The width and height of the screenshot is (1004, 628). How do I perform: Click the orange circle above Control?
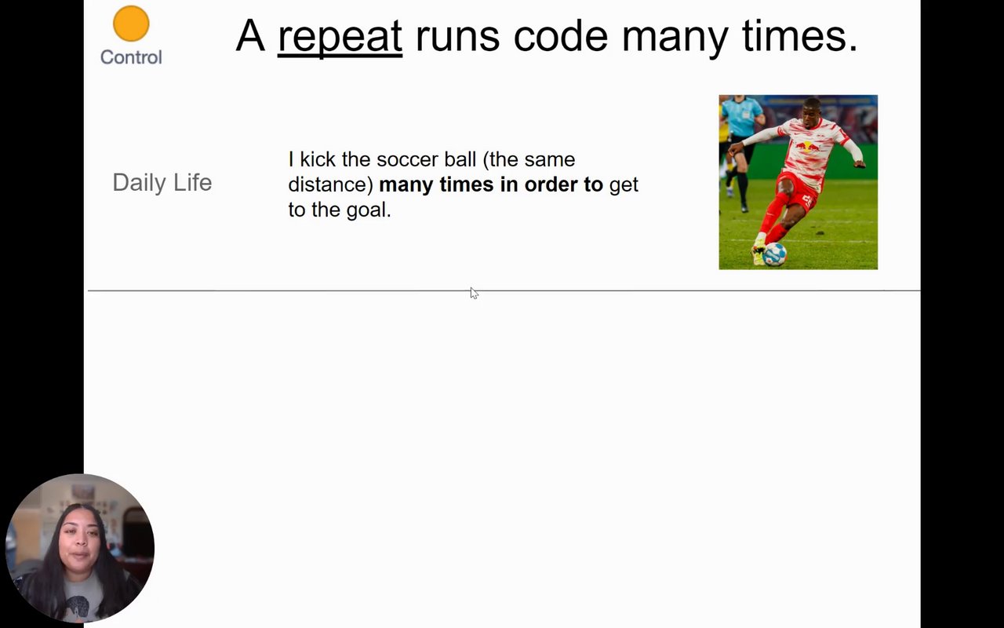(x=131, y=24)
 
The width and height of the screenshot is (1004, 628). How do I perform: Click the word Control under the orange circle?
(x=131, y=57)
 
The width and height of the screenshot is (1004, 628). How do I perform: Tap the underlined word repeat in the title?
(x=340, y=37)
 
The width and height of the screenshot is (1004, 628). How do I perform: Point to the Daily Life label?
(x=162, y=183)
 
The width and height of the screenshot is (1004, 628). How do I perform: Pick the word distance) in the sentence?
(x=331, y=184)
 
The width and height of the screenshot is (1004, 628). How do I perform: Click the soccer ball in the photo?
(x=774, y=254)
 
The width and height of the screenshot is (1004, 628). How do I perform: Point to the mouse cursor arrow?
(x=475, y=293)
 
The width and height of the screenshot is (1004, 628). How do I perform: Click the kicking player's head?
(x=812, y=111)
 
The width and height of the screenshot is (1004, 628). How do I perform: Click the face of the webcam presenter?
(x=80, y=539)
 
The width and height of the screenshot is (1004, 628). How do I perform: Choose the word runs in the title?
(x=457, y=36)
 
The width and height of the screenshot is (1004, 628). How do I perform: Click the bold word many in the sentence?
(x=406, y=185)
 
